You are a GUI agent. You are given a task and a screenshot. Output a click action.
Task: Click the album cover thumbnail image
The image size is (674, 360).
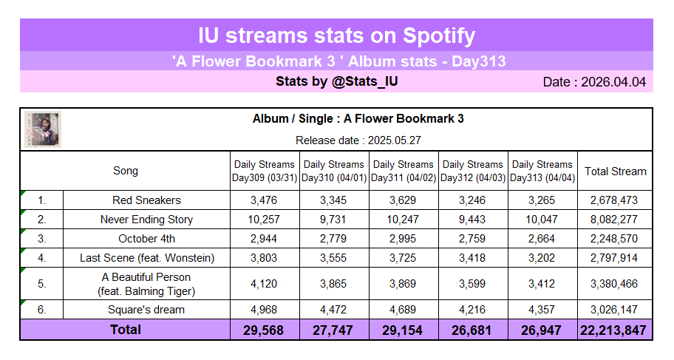(x=42, y=129)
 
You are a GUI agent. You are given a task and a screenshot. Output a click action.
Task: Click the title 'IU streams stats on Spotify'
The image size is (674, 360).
(x=336, y=35)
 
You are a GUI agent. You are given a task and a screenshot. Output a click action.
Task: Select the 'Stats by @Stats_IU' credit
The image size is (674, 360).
(x=336, y=81)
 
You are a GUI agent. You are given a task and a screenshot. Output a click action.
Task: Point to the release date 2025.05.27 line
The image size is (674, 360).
(x=358, y=140)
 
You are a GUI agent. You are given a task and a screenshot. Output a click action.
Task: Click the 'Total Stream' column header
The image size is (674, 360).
(x=615, y=171)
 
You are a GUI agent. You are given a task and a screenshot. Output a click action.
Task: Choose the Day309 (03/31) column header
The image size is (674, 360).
(x=264, y=171)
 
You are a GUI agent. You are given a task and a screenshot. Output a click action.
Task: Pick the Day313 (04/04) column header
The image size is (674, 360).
(x=542, y=171)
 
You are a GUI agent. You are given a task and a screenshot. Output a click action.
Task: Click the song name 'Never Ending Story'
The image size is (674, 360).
(x=146, y=220)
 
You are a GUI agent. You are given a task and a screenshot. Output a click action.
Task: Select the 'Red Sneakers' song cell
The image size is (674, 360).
(x=146, y=200)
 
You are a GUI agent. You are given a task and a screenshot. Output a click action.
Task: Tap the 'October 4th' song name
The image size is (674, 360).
(x=146, y=239)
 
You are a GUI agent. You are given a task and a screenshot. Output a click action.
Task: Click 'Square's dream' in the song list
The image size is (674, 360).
(x=146, y=309)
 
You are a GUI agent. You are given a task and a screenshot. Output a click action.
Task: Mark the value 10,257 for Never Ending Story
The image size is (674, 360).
(x=264, y=220)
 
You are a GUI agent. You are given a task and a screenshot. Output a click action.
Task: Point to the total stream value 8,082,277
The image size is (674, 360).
(x=615, y=220)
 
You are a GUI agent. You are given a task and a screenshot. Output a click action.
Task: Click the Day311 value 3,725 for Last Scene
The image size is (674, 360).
(x=403, y=258)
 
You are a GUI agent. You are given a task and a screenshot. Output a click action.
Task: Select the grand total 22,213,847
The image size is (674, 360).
(x=615, y=330)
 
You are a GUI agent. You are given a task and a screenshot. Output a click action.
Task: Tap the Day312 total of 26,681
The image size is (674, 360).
(x=472, y=330)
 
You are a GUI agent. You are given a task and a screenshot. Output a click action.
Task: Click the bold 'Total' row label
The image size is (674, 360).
(x=126, y=330)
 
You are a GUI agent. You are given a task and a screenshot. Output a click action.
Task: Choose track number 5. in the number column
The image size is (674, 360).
(x=41, y=284)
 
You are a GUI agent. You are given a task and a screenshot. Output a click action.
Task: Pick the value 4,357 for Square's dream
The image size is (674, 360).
(x=542, y=309)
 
